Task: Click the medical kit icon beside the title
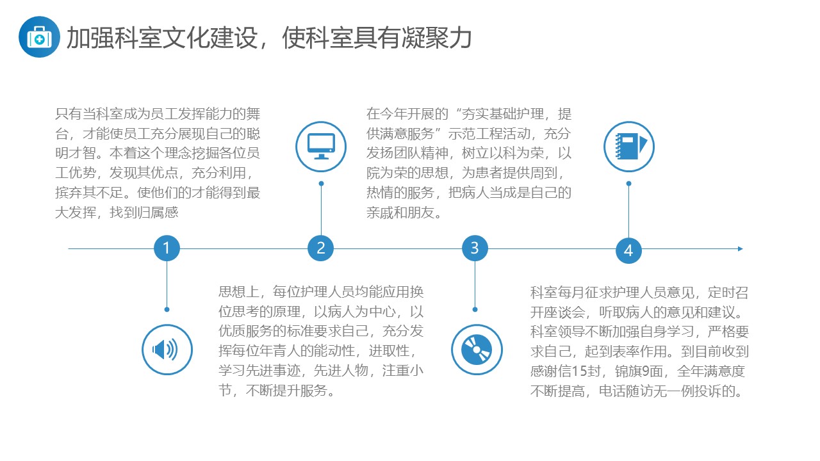[x=39, y=37]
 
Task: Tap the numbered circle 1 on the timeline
[x=167, y=248]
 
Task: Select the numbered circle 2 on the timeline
[x=321, y=248]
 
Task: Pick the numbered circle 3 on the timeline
[x=475, y=248]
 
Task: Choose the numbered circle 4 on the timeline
[x=628, y=250]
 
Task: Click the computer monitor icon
[x=321, y=147]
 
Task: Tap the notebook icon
[x=629, y=147]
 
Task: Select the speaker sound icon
[x=167, y=350]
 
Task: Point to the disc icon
[x=477, y=350]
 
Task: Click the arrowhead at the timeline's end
[x=740, y=249]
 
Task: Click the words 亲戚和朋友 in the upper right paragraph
[x=400, y=213]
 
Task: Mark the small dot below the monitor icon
[x=321, y=184]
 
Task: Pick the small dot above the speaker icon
[x=167, y=309]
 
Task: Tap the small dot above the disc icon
[x=475, y=309]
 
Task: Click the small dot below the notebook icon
[x=628, y=184]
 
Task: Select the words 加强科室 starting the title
[x=114, y=38]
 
